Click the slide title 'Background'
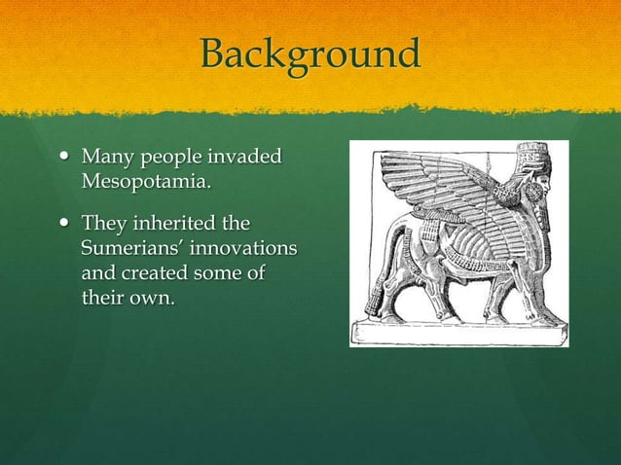[310, 54]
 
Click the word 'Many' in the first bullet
[104, 157]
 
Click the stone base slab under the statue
[457, 332]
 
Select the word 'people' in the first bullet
[163, 158]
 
